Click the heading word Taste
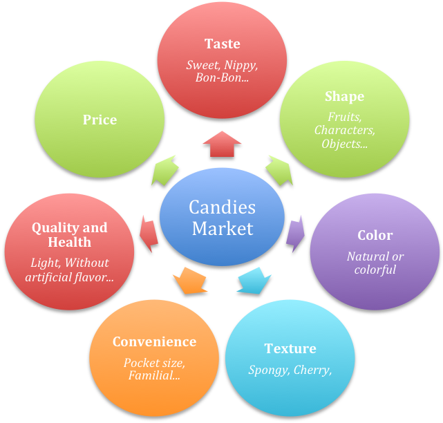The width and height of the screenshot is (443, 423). [x=222, y=44]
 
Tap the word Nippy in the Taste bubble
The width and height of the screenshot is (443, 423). [x=241, y=66]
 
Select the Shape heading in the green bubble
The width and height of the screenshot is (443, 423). [x=344, y=96]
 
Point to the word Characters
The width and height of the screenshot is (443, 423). [x=344, y=130]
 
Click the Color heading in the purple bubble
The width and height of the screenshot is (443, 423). [x=375, y=235]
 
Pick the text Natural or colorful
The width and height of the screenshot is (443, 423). [x=375, y=263]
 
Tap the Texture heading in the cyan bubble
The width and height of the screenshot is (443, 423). [x=290, y=348]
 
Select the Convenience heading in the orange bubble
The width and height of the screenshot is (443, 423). [x=154, y=341]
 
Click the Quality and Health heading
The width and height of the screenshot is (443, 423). [x=69, y=234]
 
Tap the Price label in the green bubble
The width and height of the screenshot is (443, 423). [x=100, y=120]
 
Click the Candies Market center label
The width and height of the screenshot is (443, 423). [x=223, y=218]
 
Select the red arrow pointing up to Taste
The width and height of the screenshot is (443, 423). [x=222, y=144]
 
